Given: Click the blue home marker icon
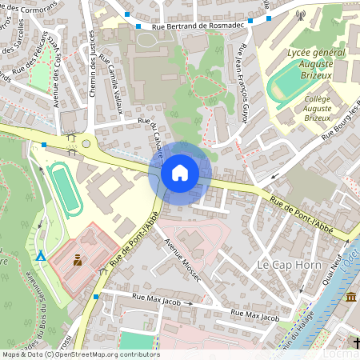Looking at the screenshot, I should point(180,172).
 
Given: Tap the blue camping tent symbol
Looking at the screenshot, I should point(40,256).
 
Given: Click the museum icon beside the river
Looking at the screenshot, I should point(351,298).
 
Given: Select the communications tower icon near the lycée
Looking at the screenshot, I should point(301,14).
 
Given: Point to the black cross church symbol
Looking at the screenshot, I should point(356,344).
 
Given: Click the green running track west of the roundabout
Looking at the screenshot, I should point(63,188).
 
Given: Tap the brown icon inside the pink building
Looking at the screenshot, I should point(78,260).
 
